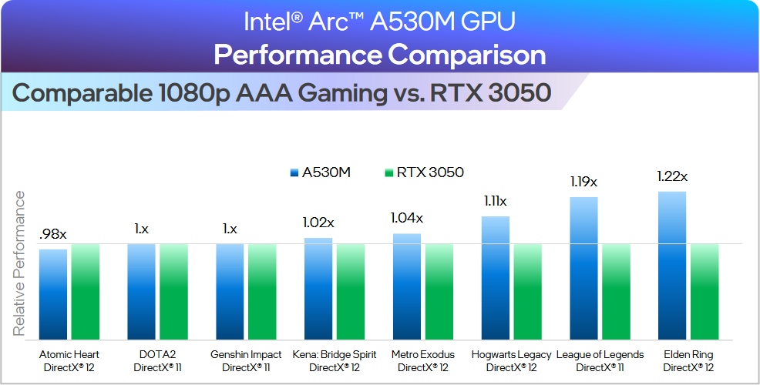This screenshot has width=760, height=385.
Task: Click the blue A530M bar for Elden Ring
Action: (671, 264)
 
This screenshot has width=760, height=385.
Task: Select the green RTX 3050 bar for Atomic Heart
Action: (86, 290)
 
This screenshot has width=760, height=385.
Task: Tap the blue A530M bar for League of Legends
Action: (583, 267)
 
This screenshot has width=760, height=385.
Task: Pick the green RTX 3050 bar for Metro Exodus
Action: (440, 290)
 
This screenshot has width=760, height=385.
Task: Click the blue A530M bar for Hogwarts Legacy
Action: (496, 277)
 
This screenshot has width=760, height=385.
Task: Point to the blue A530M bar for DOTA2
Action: (142, 290)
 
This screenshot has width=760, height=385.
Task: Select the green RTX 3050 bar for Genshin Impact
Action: (263, 290)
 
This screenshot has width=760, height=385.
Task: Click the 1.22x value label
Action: (671, 176)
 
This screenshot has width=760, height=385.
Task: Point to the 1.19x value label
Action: (583, 182)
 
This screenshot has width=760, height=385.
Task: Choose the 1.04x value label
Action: (407, 218)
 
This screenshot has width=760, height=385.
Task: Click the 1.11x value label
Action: (495, 201)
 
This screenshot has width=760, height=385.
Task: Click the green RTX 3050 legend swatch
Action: (388, 172)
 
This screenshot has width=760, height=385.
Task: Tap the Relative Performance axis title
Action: (18, 263)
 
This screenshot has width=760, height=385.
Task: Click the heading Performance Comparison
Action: (379, 55)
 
